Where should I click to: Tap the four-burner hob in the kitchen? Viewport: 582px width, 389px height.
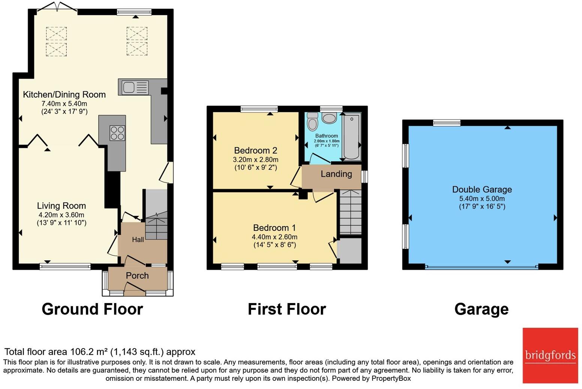tap(117, 133)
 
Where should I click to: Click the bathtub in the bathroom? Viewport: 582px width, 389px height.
tap(352, 137)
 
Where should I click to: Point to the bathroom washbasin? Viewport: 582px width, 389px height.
tap(329, 119)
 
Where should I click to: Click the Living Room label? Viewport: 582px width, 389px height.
tap(61, 206)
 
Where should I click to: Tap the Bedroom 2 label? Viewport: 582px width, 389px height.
tap(256, 151)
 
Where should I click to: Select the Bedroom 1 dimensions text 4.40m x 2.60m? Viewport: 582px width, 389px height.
tap(274, 237)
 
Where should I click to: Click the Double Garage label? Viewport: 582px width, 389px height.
tap(482, 190)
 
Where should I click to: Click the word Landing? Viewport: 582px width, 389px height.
tap(336, 174)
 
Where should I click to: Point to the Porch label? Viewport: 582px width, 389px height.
tap(137, 276)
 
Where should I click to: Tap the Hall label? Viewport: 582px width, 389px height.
tap(138, 240)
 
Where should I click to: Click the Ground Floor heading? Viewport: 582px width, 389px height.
tap(92, 309)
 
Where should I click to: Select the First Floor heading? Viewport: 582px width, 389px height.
tap(287, 309)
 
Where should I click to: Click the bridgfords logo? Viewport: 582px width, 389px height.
tap(550, 355)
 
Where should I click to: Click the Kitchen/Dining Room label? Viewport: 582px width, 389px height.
tap(64, 95)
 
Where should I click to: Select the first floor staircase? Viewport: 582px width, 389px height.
tap(350, 213)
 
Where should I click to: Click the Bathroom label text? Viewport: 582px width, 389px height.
tap(326, 136)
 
